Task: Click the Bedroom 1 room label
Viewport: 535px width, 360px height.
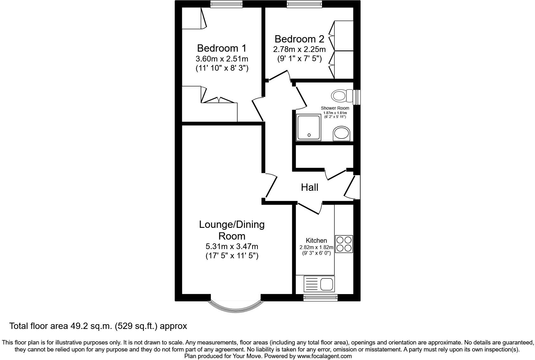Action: point(222,48)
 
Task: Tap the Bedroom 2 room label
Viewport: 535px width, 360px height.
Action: point(299,39)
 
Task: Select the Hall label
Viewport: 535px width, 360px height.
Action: point(309,187)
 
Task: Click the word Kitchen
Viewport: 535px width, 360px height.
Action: point(316,241)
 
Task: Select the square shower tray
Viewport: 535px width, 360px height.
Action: point(308,127)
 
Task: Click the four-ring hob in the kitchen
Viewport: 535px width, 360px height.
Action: point(344,244)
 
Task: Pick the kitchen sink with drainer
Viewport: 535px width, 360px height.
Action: point(319,284)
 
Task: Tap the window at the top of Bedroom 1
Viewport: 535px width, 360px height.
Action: point(226,4)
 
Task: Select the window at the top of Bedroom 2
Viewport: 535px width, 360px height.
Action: point(304,4)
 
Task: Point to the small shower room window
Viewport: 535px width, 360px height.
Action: point(357,97)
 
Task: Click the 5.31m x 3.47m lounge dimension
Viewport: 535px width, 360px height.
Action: point(232,246)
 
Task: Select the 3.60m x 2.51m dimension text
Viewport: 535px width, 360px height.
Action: point(222,59)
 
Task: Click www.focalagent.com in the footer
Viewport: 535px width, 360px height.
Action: point(324,356)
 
